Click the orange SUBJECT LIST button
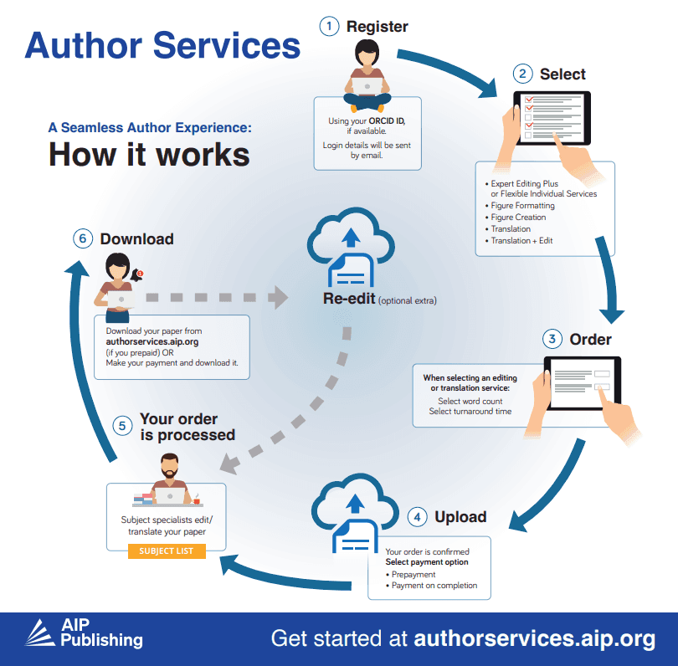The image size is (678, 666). tap(167, 551)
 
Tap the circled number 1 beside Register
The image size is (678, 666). tap(329, 27)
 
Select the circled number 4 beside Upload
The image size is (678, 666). tap(418, 517)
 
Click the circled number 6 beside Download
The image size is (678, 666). tap(83, 238)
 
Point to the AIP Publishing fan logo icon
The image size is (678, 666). tap(40, 633)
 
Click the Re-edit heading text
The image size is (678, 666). tap(349, 299)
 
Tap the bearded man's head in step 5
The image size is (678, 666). tap(169, 466)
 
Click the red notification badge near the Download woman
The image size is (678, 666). tap(140, 273)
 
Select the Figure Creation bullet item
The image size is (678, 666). tap(518, 217)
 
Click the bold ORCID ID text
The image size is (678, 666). tap(387, 121)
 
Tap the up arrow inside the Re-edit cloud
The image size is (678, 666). tap(351, 238)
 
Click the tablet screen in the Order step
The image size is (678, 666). tap(583, 383)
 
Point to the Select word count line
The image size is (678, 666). tap(470, 401)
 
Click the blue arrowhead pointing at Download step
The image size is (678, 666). tap(77, 269)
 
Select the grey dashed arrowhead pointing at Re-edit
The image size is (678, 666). tap(278, 297)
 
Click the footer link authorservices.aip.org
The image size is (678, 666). tap(534, 638)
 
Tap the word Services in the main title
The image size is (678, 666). tap(227, 45)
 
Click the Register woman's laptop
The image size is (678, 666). tap(367, 86)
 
